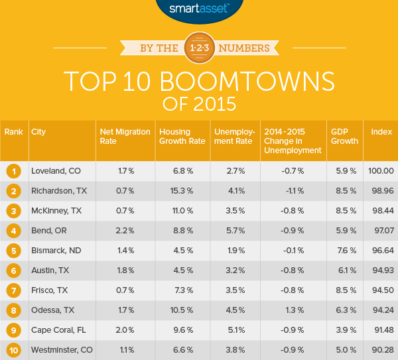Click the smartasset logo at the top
[198, 9]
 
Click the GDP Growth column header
[344, 136]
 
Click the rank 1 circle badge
[13, 171]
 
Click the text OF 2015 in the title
[199, 105]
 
